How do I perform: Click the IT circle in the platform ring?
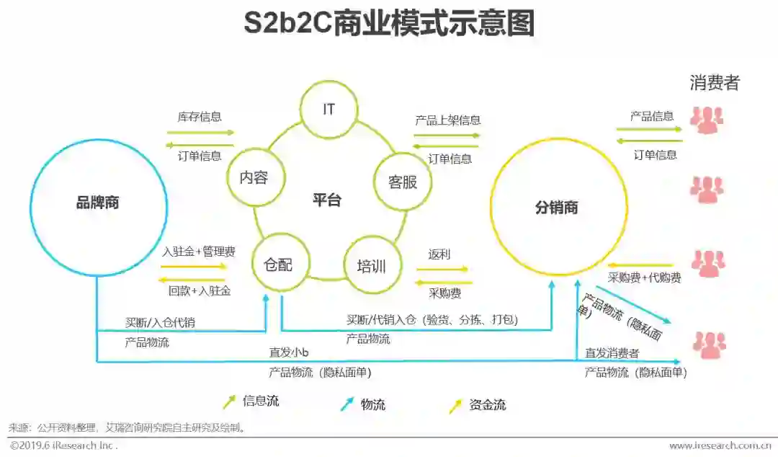click(x=328, y=110)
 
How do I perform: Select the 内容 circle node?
click(x=254, y=177)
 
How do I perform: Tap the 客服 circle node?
click(x=403, y=182)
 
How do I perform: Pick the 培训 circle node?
click(x=372, y=266)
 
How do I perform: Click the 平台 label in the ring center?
click(x=327, y=200)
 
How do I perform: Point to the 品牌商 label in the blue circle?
click(x=98, y=203)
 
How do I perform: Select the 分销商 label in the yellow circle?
click(x=557, y=208)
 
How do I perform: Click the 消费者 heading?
click(x=715, y=83)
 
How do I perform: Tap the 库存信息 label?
click(x=200, y=117)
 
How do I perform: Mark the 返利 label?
click(x=439, y=254)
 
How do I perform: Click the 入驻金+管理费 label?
click(x=199, y=252)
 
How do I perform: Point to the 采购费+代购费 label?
click(x=645, y=278)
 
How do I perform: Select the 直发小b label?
click(x=289, y=352)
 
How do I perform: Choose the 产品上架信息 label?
click(x=447, y=120)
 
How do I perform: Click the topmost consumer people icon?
click(x=706, y=120)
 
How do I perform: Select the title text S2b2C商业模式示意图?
click(x=389, y=23)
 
